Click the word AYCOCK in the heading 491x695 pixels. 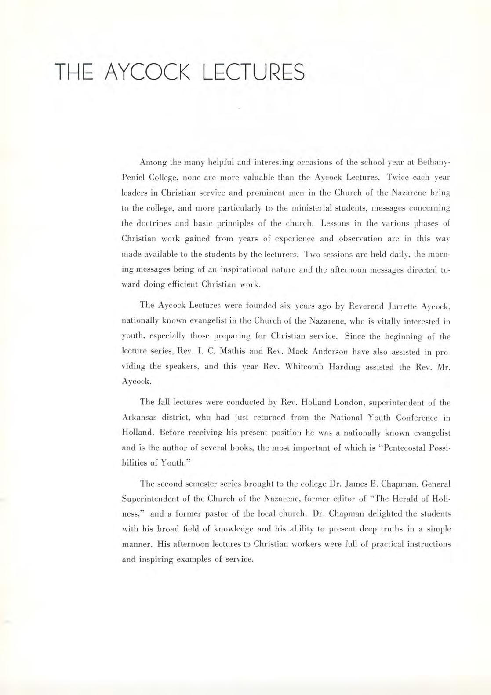[148, 72]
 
